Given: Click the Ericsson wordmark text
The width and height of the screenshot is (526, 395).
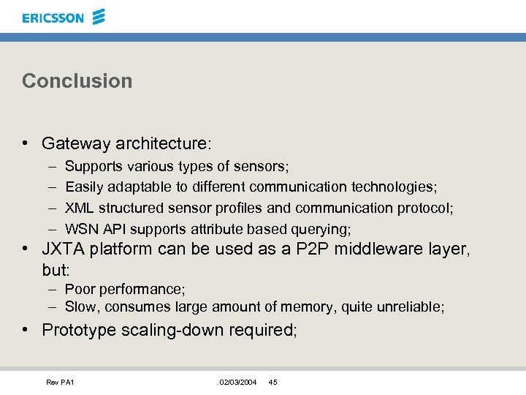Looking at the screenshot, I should pos(53,18).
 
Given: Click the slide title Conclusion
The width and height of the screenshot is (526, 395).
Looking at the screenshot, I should pos(77,80).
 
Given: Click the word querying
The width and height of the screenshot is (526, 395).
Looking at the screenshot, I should pos(322,229).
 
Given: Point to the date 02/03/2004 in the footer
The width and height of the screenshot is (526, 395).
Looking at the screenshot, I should pos(237,383).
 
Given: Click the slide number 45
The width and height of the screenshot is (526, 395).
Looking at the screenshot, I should pos(273,383).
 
